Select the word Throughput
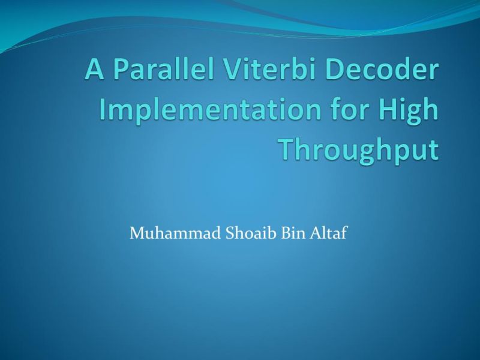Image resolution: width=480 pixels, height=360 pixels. coord(359,151)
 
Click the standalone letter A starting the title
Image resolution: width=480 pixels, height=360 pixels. coord(95,70)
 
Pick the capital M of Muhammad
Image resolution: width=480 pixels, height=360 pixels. coord(136,232)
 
